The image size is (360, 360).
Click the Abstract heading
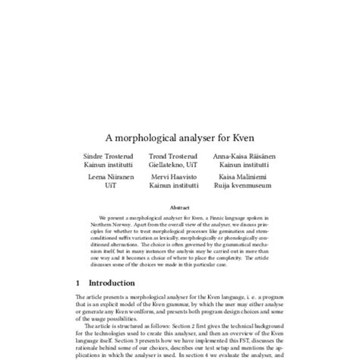180,206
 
